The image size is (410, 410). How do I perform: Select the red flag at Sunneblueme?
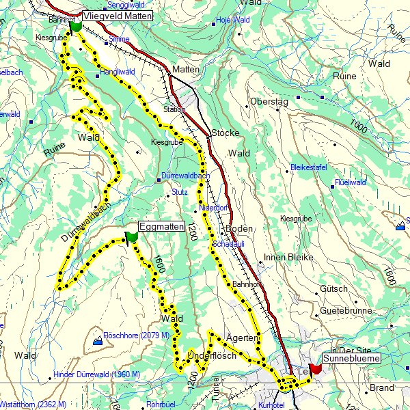tap(315, 369)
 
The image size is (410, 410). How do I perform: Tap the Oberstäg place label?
tap(270, 101)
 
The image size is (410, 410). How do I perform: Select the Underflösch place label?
tap(212, 356)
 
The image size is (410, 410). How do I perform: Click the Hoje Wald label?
tap(232, 20)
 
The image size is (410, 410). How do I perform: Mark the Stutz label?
tap(180, 193)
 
